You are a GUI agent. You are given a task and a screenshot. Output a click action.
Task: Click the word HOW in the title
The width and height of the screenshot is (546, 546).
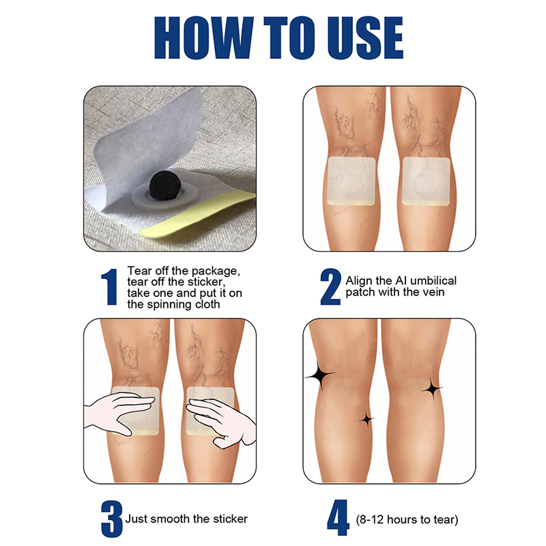tap(203, 38)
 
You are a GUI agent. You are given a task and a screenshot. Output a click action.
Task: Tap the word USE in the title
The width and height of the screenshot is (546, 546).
tap(365, 38)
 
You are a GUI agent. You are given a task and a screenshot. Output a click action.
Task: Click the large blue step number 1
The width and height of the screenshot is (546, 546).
tap(110, 287)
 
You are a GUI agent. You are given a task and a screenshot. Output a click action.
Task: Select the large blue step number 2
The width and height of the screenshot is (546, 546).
tap(330, 287)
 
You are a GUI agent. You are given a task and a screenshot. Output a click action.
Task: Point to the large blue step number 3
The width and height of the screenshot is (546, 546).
tap(112, 519)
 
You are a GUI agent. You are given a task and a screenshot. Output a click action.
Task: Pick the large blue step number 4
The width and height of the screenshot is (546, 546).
tap(338, 518)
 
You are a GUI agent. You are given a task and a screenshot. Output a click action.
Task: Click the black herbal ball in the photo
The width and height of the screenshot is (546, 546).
tap(163, 186)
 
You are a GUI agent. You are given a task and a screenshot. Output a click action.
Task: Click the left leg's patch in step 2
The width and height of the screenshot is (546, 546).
tap(351, 181)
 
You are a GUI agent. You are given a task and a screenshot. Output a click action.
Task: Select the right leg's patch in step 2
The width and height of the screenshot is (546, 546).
tap(426, 182)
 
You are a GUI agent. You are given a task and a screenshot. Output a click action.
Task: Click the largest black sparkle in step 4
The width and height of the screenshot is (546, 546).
tap(319, 375)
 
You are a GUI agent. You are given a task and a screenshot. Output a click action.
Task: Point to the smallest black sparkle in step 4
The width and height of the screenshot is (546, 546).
tap(367, 419)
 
